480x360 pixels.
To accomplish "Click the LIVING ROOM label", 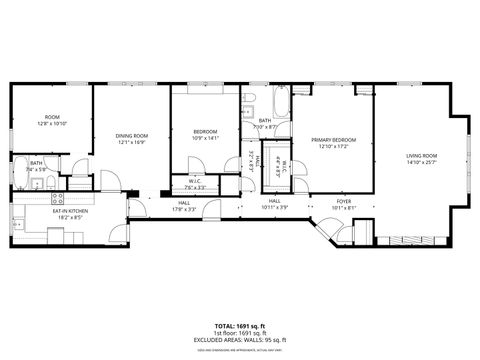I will click(x=421, y=155).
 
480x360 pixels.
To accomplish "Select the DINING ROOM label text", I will click(x=131, y=135).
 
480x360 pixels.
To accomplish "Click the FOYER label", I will click(x=343, y=201).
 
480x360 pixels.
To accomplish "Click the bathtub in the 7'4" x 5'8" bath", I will click(x=20, y=167).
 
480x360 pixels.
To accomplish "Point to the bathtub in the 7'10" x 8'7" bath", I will click(x=280, y=103).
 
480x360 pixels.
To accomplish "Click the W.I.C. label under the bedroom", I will click(x=195, y=181).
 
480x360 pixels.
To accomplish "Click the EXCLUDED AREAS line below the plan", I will click(x=239, y=340).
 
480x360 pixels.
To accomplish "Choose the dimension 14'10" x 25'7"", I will click(x=421, y=162).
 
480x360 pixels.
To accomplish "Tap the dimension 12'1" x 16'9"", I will click(x=131, y=142).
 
